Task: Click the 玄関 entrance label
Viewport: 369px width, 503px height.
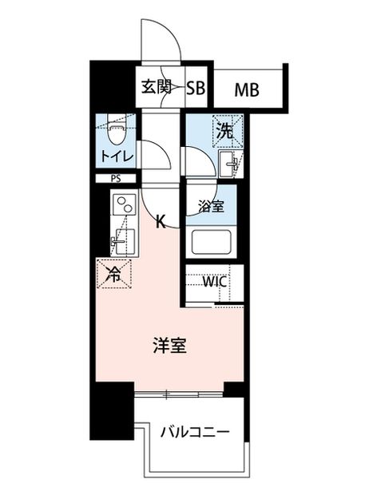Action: tap(157, 86)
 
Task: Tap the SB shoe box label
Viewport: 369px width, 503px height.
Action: tap(196, 87)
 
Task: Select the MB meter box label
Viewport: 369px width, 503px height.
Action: tap(247, 89)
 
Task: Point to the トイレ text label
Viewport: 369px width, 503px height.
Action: tap(117, 156)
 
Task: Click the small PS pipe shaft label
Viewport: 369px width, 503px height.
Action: tap(116, 179)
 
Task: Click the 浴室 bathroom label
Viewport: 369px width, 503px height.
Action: tap(211, 206)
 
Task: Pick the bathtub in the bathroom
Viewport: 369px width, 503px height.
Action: tap(211, 242)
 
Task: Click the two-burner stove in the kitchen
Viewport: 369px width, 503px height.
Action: tap(124, 204)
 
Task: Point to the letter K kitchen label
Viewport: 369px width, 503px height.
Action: tap(161, 221)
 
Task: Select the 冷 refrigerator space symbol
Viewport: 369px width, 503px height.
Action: tap(114, 274)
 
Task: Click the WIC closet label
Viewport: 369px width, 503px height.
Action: tap(214, 282)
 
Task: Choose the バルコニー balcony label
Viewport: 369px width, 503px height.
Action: tap(195, 433)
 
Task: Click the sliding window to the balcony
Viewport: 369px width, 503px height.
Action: tap(179, 394)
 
